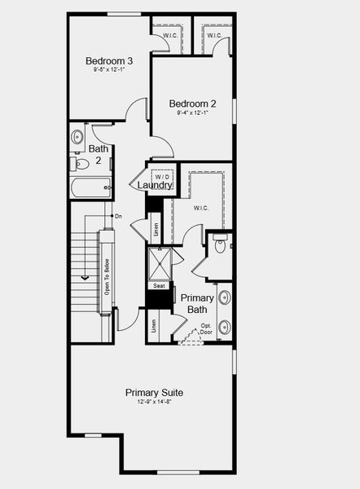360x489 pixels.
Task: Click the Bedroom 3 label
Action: pyautogui.click(x=108, y=60)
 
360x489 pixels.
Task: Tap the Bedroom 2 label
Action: pyautogui.click(x=192, y=104)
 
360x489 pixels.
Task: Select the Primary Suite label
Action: pyautogui.click(x=154, y=393)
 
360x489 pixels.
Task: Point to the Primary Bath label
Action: pyautogui.click(x=197, y=303)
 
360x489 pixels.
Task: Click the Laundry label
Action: pyautogui.click(x=155, y=186)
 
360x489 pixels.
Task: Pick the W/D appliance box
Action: pyautogui.click(x=163, y=176)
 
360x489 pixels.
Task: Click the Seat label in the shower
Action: pyautogui.click(x=160, y=286)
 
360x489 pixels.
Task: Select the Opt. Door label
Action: pyautogui.click(x=206, y=329)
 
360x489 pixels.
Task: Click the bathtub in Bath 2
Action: pyautogui.click(x=90, y=189)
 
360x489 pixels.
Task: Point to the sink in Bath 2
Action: pyautogui.click(x=78, y=136)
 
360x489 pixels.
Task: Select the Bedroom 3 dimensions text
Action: pyautogui.click(x=108, y=70)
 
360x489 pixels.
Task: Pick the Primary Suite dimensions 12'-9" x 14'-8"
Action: pyautogui.click(x=154, y=402)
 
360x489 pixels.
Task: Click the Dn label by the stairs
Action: pyautogui.click(x=118, y=216)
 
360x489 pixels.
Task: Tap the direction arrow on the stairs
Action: pyautogui.click(x=84, y=278)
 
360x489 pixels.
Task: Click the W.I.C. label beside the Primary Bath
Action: pyautogui.click(x=201, y=208)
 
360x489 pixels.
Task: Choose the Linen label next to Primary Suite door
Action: pyautogui.click(x=154, y=326)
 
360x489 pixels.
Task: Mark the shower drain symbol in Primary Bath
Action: pyautogui.click(x=159, y=264)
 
